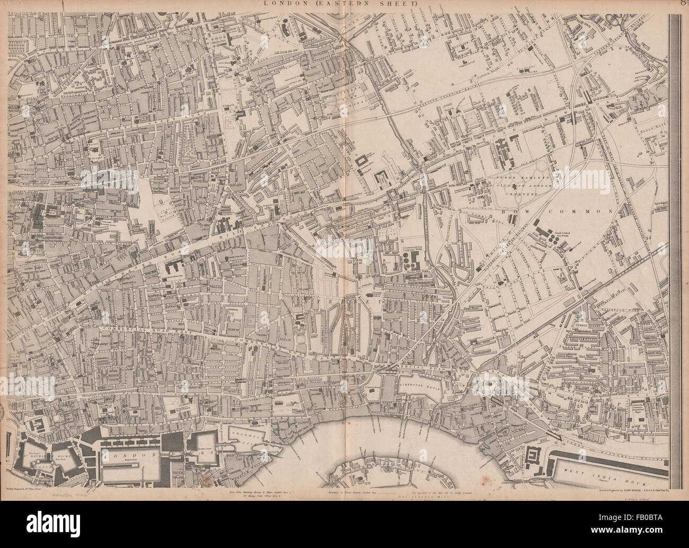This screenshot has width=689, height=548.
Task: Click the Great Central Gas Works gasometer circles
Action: pyautogui.click(x=554, y=239)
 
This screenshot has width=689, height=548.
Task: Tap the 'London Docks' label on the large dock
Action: pyautogui.click(x=127, y=455)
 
